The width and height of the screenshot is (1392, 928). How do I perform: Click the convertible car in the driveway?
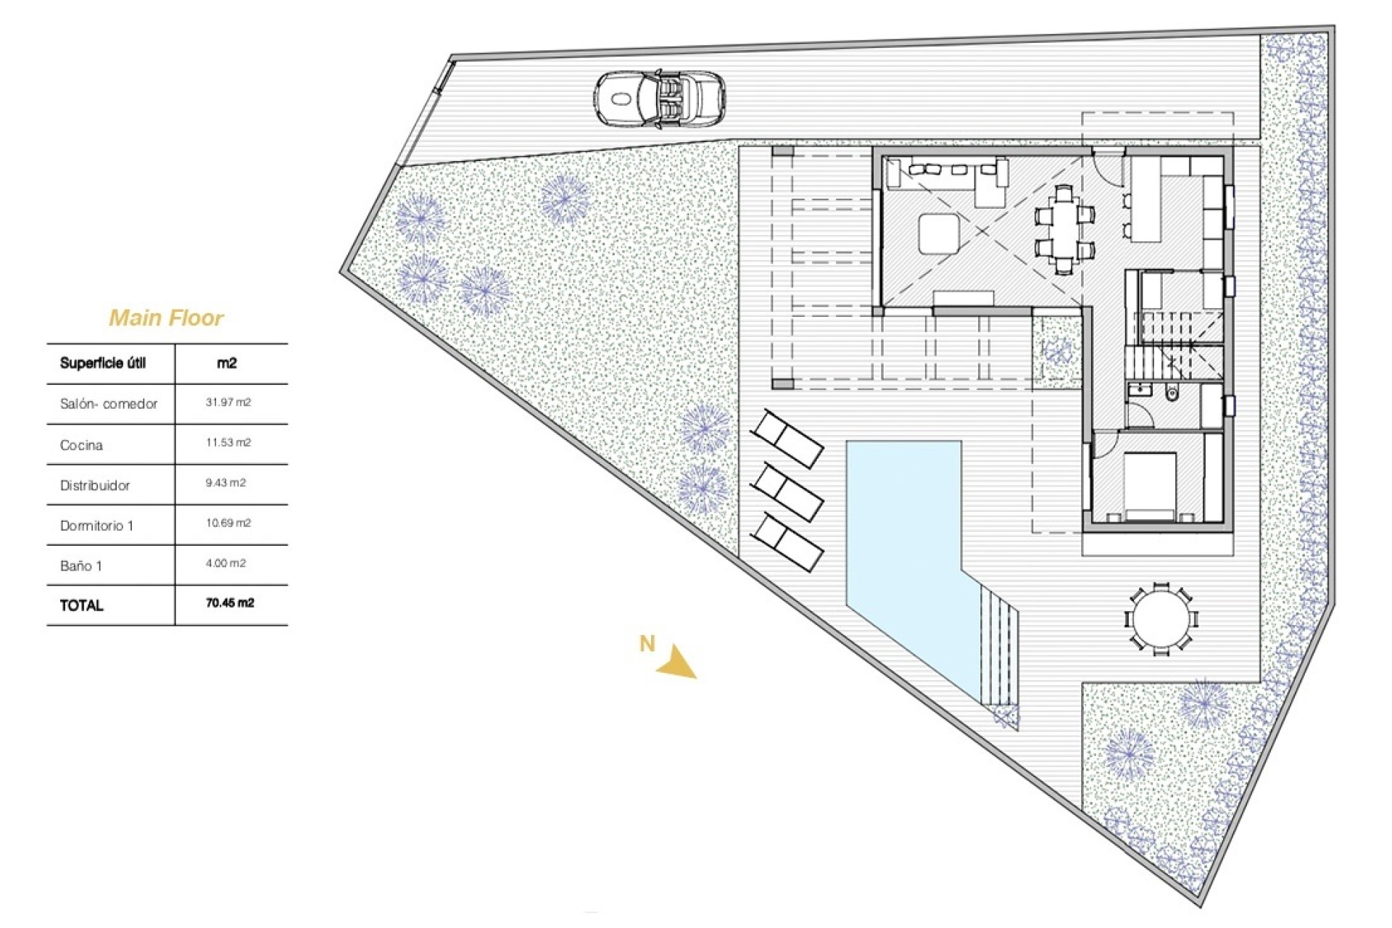point(660,100)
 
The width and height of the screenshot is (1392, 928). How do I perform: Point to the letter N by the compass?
point(647,643)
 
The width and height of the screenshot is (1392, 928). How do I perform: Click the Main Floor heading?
point(166,318)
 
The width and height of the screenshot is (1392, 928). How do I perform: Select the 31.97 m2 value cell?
point(228,402)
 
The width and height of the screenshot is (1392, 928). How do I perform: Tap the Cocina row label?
point(81,445)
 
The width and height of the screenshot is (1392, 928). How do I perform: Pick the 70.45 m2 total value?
point(230,603)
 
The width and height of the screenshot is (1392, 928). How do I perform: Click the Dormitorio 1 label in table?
point(96,526)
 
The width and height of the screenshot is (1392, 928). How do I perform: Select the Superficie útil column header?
point(103,363)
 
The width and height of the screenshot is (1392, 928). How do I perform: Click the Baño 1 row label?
point(80,566)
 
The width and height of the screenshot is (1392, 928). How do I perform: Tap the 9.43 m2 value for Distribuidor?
point(225,483)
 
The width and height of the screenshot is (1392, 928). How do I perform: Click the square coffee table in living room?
point(939,233)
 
